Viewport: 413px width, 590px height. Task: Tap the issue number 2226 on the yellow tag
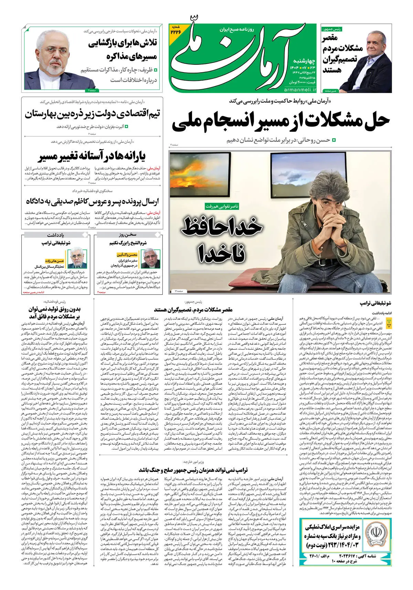pos(176,31)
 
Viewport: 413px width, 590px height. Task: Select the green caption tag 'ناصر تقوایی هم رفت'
pos(222,206)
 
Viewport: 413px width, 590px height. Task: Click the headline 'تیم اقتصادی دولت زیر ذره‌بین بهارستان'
pos(92,114)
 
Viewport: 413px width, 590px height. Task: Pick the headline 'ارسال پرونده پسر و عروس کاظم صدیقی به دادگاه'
pos(92,201)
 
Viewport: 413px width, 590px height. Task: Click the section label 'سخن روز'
pos(128,235)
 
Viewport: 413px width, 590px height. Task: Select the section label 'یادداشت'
pos(56,235)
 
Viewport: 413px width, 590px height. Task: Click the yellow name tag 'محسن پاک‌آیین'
pos(127,255)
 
